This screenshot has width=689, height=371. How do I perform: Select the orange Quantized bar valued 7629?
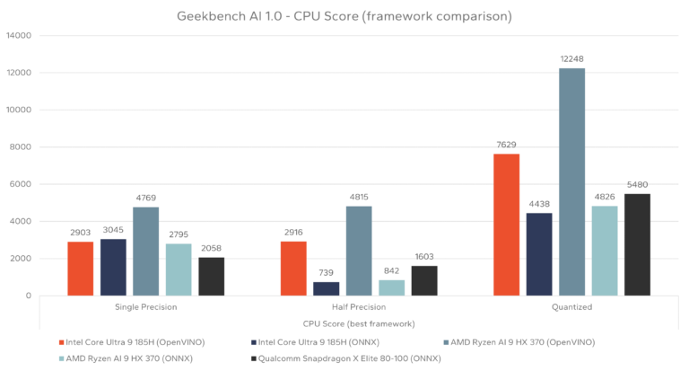(506, 225)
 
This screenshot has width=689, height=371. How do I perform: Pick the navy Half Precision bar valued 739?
(326, 288)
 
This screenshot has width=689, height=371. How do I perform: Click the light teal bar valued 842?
(391, 287)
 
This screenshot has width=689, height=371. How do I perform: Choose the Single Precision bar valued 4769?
(145, 252)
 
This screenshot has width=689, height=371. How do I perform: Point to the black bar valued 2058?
(211, 277)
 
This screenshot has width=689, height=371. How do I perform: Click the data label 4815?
(359, 197)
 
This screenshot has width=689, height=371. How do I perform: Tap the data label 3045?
(113, 229)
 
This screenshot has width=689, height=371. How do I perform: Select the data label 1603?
(424, 256)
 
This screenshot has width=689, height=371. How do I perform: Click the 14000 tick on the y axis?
(18, 36)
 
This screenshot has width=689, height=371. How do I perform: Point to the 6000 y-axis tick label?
(21, 184)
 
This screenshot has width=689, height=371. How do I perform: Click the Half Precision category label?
(359, 307)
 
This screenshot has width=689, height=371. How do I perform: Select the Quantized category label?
(571, 307)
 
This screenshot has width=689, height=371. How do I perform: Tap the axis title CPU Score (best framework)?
(359, 322)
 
